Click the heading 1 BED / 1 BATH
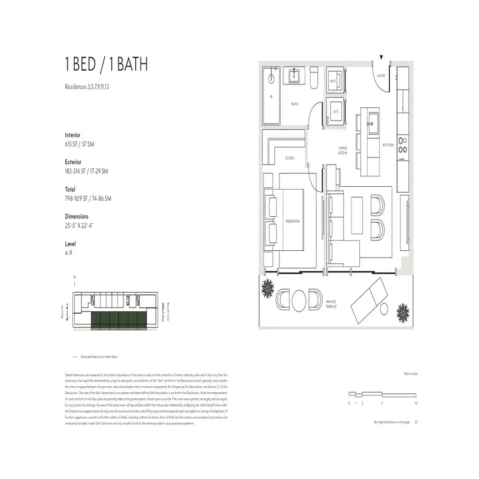click(106, 65)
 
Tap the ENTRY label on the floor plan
click(380, 76)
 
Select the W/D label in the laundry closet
click(333, 80)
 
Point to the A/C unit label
click(336, 111)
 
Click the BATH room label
click(295, 104)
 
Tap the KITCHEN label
click(389, 145)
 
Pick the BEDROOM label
click(293, 222)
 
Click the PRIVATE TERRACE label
click(331, 304)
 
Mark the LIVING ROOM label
click(343, 151)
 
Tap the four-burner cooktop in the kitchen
click(403, 145)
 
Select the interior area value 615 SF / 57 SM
click(86, 144)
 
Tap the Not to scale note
click(410, 373)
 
